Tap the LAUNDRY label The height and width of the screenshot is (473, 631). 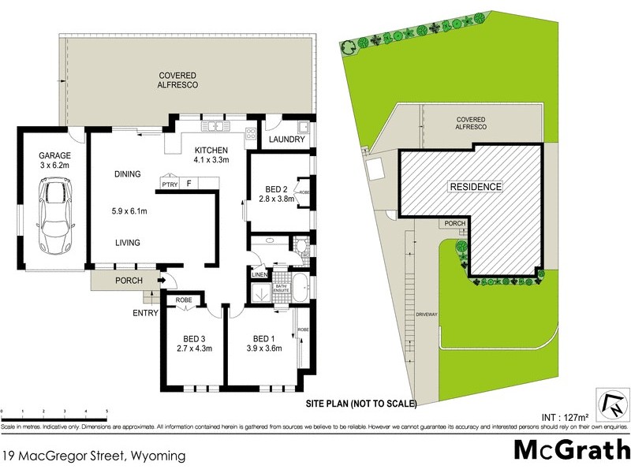pos(286,140)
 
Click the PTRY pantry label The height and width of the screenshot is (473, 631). pos(169,184)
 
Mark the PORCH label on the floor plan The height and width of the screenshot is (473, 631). pos(129,281)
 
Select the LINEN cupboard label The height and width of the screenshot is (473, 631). pos(259,274)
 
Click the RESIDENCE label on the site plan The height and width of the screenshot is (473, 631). pos(475,187)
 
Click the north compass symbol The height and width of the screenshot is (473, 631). pos(613,404)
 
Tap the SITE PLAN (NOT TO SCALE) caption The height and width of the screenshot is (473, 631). pos(360,403)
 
